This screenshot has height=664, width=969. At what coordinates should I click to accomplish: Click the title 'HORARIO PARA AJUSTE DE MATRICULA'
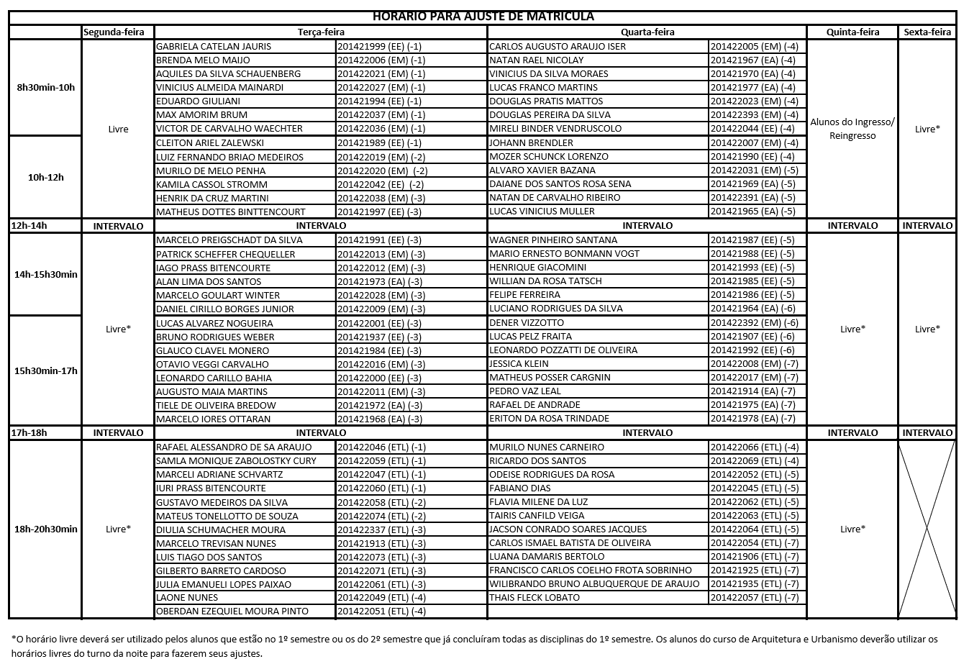[483, 17]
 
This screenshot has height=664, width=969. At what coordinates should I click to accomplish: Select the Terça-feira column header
[321, 32]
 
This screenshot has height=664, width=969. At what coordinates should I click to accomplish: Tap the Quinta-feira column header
[852, 32]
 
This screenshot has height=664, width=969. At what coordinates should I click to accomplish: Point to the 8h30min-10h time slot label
[45, 87]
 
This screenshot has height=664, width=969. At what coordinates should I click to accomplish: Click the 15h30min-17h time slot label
[45, 370]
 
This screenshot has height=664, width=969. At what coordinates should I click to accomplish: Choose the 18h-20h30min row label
[45, 529]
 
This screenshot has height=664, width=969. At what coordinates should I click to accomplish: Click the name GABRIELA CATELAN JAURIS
[214, 46]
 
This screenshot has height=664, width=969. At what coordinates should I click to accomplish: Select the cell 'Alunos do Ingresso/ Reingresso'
[852, 129]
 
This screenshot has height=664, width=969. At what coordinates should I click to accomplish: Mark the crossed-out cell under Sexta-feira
[927, 529]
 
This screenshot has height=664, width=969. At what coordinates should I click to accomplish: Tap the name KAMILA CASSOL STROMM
[211, 184]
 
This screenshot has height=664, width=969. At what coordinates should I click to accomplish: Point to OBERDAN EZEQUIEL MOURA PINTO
[232, 611]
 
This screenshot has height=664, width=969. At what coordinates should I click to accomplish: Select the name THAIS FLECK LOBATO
[534, 597]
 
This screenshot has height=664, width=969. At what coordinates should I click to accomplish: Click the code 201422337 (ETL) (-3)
[381, 529]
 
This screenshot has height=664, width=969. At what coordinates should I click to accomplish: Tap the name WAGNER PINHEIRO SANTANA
[553, 240]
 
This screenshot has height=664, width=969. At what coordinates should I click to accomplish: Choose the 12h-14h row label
[29, 225]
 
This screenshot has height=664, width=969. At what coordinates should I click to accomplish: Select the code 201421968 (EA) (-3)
[380, 419]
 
